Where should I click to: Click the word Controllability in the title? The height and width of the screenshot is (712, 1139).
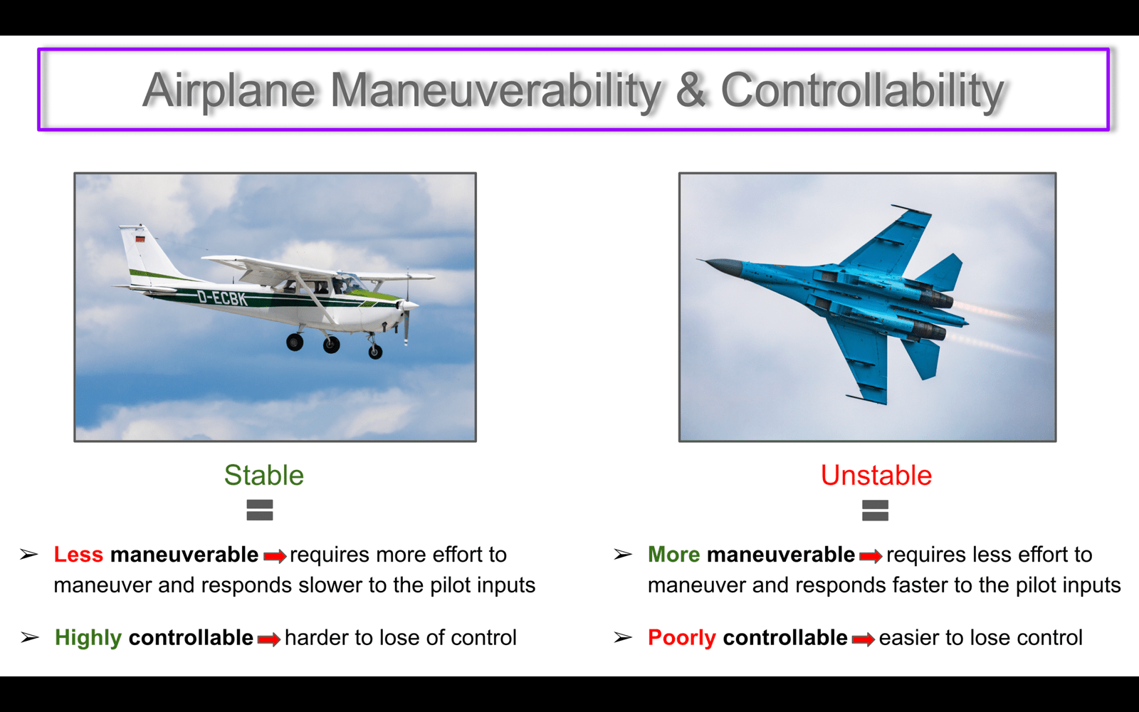coord(862,92)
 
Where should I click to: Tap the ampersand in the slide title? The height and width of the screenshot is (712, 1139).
coord(691,90)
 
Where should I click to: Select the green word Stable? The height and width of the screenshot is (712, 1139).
coord(264,476)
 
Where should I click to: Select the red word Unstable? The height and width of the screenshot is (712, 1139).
coord(876,476)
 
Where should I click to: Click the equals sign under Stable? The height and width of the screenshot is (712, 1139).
coord(260,510)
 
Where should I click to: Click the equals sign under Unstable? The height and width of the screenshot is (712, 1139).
coord(875,511)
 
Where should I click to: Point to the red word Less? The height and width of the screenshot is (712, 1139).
coord(78,555)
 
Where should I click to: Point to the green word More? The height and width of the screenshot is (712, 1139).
coord(673,555)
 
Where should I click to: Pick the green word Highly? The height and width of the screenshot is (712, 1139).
coord(88,638)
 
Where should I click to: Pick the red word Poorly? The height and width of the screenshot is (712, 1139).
coord(682,638)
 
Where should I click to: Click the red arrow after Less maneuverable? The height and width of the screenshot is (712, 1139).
coord(275,556)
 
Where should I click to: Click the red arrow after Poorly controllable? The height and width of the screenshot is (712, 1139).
coord(863,639)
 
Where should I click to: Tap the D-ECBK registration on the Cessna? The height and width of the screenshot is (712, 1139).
coord(222,298)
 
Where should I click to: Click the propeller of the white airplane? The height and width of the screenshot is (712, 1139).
coord(406,306)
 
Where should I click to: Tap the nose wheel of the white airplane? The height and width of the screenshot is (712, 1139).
coord(375,352)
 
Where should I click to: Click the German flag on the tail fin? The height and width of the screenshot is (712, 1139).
coord(140,239)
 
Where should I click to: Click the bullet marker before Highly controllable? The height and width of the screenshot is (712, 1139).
coord(29,637)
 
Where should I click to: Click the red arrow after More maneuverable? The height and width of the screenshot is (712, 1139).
coord(871,556)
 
